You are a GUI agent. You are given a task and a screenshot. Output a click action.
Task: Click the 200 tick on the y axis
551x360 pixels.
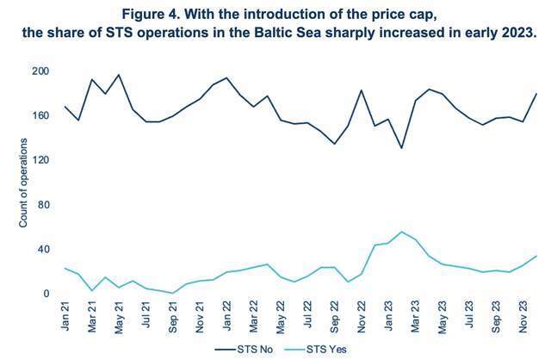(x=40, y=71)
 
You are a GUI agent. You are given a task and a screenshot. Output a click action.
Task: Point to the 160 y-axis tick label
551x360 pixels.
(x=40, y=115)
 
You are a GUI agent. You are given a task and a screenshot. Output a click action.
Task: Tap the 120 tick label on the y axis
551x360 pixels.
(x=40, y=160)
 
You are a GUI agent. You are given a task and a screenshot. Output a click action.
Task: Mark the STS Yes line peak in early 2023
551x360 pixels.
(x=401, y=232)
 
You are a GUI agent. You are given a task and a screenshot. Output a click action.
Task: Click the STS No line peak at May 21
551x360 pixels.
(x=119, y=75)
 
